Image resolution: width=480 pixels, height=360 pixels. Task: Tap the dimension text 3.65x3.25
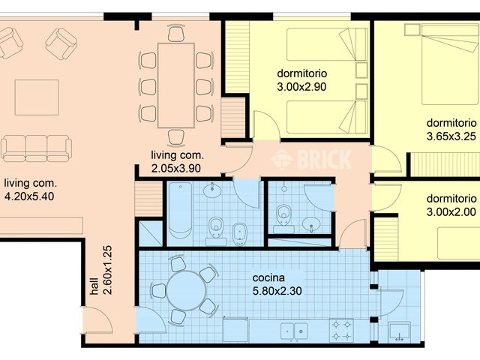tap(451, 136)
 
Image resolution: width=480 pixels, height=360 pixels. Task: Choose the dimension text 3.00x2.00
tap(451, 212)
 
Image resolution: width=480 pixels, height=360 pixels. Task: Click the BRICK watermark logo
tap(311, 159)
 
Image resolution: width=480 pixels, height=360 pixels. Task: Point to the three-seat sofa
tap(35, 147)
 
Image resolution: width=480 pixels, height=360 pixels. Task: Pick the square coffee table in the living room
tap(36, 97)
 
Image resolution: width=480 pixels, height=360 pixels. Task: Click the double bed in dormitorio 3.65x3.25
tap(448, 64)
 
